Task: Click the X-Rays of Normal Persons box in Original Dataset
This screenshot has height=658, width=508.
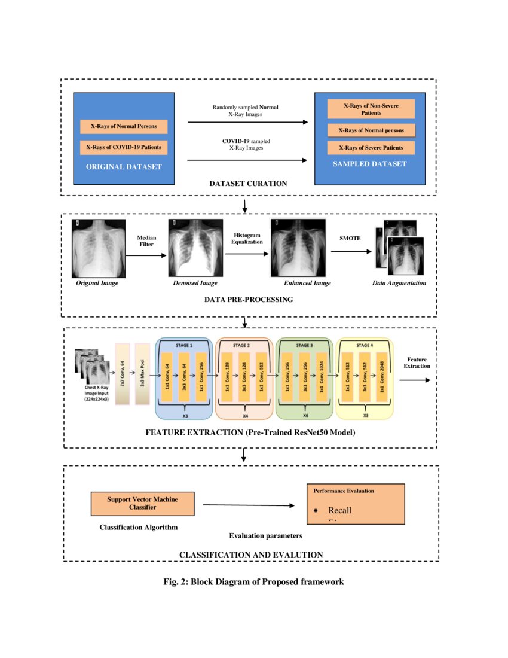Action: (x=123, y=127)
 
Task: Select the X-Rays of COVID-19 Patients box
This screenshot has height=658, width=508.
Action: (x=123, y=147)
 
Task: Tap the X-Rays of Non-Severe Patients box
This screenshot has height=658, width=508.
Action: (x=371, y=109)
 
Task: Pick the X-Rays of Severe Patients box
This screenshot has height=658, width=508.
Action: (x=371, y=148)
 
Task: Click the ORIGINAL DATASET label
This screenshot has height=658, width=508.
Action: (x=124, y=167)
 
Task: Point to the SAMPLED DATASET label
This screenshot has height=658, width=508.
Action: (x=369, y=164)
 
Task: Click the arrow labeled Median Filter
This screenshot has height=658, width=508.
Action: (x=146, y=255)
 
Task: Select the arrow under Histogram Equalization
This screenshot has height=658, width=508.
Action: (x=247, y=254)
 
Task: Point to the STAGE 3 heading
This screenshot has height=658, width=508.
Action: (x=304, y=345)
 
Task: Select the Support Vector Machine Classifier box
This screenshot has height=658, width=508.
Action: (x=142, y=503)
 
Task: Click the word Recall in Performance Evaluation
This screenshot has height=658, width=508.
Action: (x=339, y=510)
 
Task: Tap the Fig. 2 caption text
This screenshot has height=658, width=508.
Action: (x=253, y=581)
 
